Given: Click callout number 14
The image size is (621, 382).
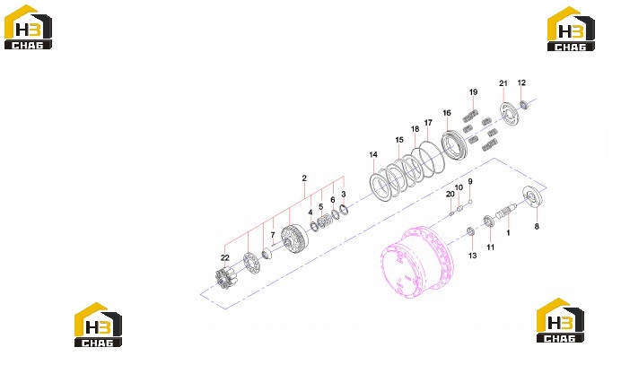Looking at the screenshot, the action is [x=373, y=155].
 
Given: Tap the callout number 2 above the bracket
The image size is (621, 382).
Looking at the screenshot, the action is [x=304, y=178].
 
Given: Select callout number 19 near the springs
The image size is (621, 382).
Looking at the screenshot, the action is [x=473, y=92].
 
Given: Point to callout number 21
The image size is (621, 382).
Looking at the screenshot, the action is [x=503, y=83].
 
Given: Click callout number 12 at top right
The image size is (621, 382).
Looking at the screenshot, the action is [x=521, y=82].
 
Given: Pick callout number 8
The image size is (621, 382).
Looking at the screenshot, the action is [x=537, y=227].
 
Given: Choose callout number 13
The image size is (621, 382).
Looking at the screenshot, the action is [x=473, y=256].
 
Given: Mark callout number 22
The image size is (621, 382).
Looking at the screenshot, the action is [x=225, y=257].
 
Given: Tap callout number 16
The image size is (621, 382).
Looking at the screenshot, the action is [x=447, y=113].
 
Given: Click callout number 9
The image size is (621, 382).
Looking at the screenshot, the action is [x=470, y=182].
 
